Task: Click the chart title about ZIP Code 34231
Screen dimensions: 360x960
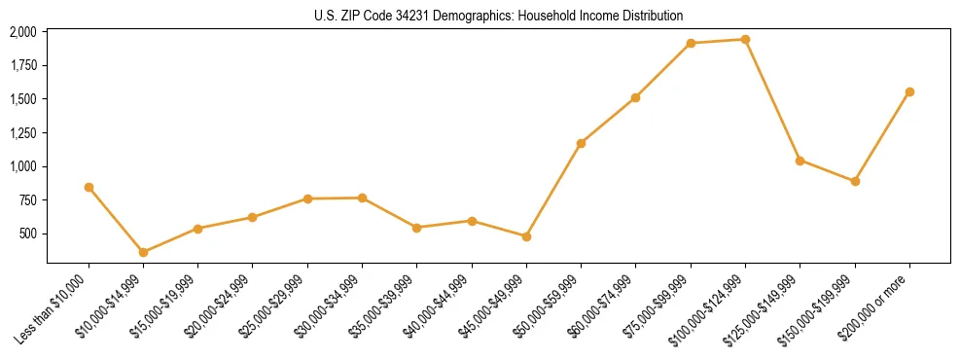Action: tap(498, 16)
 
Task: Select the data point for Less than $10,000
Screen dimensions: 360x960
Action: tap(89, 187)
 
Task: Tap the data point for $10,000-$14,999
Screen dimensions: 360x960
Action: tap(143, 252)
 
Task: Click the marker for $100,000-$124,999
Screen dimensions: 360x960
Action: tap(745, 40)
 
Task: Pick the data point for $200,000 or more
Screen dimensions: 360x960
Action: tap(909, 91)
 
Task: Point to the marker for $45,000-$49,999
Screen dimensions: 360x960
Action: tap(526, 236)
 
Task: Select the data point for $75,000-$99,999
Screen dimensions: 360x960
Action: tap(691, 43)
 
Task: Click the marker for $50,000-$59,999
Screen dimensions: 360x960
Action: tap(581, 143)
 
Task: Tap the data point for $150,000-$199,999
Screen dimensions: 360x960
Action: tap(855, 181)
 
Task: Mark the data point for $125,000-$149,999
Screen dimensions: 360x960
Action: tap(800, 161)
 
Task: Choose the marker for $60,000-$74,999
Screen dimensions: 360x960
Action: tap(635, 97)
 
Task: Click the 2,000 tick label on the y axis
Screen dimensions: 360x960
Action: tap(22, 32)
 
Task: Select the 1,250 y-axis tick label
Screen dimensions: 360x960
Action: tap(22, 132)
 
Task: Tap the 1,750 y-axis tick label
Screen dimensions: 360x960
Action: tap(22, 65)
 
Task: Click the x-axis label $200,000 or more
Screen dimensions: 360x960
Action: tap(880, 301)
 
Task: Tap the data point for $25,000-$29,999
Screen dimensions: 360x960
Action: tap(307, 198)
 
